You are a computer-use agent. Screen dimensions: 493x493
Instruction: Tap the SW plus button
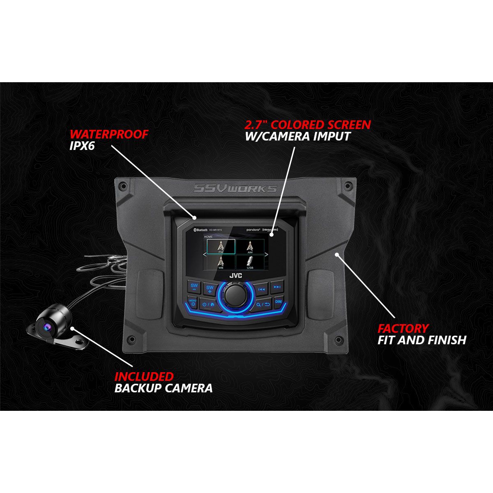coord(210,288)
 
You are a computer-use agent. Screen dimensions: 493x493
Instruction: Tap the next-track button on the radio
coord(278,287)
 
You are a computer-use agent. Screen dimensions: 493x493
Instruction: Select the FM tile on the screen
coord(221,246)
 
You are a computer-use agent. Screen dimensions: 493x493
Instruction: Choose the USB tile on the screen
coord(250,262)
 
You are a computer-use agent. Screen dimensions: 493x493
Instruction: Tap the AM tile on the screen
coord(250,246)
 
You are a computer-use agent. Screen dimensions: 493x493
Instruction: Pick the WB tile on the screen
coord(221,262)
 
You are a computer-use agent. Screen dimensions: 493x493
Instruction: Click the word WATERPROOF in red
coord(108,135)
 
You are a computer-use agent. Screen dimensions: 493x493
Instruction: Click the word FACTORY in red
coord(403,328)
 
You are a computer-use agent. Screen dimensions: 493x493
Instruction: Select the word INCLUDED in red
coord(144,376)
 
